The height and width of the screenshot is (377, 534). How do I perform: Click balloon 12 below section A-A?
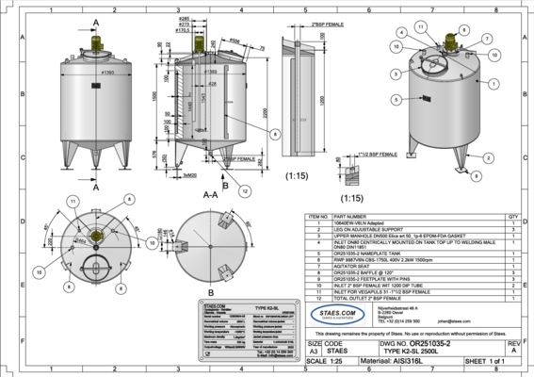click(244, 190)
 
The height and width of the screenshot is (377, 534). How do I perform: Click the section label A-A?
click(211, 190)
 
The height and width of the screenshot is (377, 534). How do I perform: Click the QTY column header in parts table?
click(512, 216)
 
